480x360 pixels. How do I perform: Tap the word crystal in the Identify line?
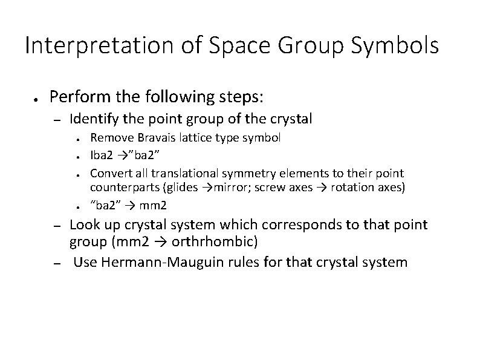(290, 119)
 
